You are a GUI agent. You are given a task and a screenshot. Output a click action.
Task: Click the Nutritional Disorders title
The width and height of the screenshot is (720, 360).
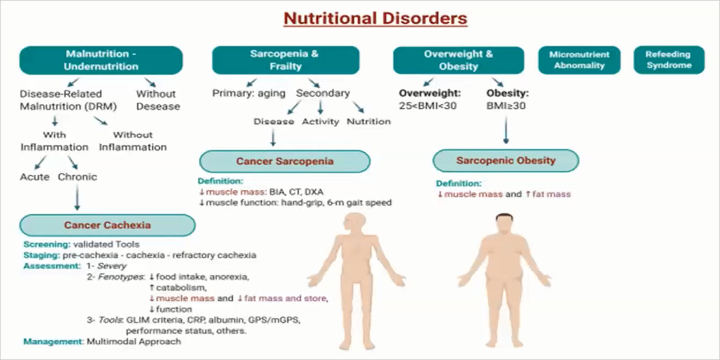click(375, 18)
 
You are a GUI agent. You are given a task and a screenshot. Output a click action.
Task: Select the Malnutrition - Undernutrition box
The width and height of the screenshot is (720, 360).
click(101, 60)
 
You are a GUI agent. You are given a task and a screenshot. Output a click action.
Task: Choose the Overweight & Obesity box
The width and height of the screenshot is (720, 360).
click(458, 60)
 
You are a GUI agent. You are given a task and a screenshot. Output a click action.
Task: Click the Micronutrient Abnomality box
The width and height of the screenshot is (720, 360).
click(579, 60)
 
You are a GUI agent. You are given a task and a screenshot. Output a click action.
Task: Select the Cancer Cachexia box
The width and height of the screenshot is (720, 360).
click(107, 225)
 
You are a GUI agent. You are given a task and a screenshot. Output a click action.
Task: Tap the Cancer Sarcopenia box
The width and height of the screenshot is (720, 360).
click(285, 161)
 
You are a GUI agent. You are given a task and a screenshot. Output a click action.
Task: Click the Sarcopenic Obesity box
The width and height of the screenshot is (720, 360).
click(506, 161)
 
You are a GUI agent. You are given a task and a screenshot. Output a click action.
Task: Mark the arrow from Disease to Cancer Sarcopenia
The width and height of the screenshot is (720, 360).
click(273, 137)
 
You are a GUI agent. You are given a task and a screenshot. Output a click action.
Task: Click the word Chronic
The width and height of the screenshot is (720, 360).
click(77, 177)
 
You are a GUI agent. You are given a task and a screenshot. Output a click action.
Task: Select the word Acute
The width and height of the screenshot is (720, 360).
click(35, 177)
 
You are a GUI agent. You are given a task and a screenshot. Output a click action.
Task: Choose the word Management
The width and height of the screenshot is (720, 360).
click(53, 341)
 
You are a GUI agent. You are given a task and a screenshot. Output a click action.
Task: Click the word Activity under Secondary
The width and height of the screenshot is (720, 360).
click(320, 121)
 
